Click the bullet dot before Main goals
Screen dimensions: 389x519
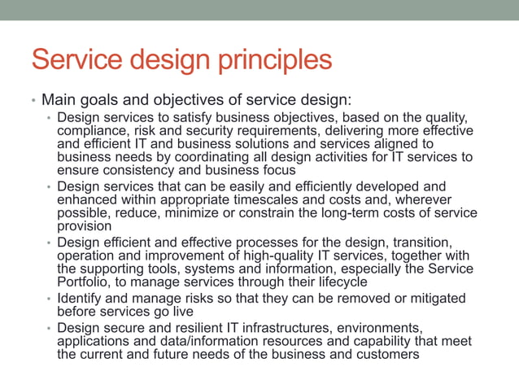pos(33,102)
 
